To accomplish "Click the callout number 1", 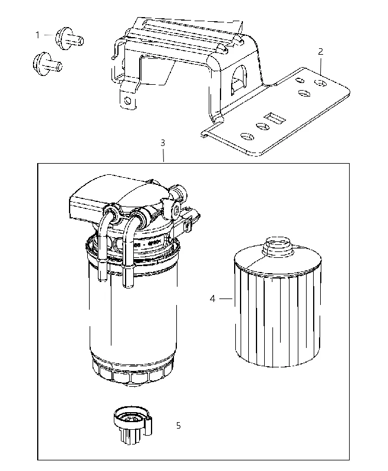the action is click(x=38, y=35).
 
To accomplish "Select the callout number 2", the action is click(x=320, y=52).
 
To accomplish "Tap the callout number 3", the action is click(x=163, y=142).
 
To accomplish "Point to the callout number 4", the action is click(x=213, y=298).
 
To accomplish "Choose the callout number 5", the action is click(x=178, y=426).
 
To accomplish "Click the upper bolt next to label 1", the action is click(x=70, y=39).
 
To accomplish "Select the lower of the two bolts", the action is click(x=47, y=64).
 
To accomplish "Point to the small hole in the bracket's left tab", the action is click(x=127, y=100).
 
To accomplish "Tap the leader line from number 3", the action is click(x=163, y=155).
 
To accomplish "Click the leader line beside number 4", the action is click(x=226, y=298).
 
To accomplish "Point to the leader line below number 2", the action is click(x=321, y=65).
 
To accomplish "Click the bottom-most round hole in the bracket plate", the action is click(x=247, y=137).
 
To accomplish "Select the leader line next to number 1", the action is click(x=49, y=35).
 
